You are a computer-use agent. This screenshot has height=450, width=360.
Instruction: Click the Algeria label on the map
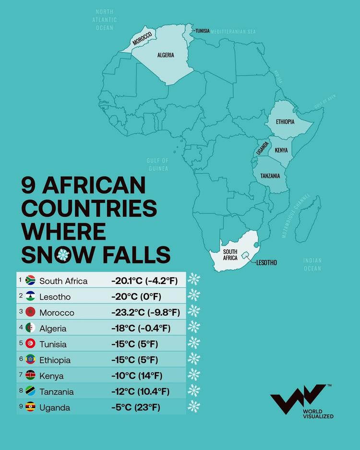tap(166, 55)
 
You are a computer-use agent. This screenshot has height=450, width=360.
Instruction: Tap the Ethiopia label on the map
tap(285, 121)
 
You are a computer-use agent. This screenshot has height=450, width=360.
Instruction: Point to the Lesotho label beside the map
tap(266, 262)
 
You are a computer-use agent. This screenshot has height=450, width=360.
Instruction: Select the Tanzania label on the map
tap(270, 176)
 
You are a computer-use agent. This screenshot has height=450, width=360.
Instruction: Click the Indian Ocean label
tap(312, 264)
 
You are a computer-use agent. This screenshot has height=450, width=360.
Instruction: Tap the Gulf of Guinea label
tap(158, 164)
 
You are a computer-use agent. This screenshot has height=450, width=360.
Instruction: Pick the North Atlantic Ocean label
tap(104, 20)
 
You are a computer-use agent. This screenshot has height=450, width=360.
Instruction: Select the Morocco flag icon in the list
tap(30, 312)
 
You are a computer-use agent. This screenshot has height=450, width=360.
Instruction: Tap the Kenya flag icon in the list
tap(30, 376)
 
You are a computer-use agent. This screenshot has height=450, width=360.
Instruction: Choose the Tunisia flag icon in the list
tap(30, 344)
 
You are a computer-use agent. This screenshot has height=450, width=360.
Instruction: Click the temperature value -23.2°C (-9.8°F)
tap(145, 312)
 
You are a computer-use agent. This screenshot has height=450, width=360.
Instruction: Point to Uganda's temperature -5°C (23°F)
tap(135, 407)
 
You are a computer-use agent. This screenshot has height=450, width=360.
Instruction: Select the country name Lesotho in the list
tap(55, 296)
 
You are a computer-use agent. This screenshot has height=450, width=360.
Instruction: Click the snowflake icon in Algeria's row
tap(193, 328)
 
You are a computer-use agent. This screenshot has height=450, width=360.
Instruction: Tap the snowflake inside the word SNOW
tap(61, 255)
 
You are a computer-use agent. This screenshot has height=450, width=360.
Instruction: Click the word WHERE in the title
tap(64, 232)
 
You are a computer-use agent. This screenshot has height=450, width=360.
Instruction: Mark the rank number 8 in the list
tap(21, 391)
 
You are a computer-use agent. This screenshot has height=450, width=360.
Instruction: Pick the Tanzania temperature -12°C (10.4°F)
tap(140, 391)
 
